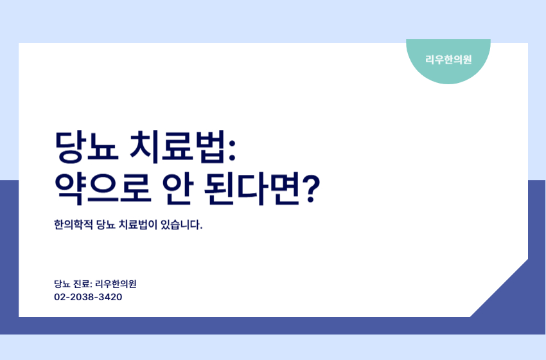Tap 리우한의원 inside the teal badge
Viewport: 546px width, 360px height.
coord(448,60)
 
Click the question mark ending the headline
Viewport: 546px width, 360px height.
coord(312,188)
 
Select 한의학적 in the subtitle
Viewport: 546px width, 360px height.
coord(73,226)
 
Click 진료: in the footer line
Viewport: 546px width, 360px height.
coord(84,283)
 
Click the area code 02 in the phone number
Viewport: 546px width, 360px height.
coord(60,298)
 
